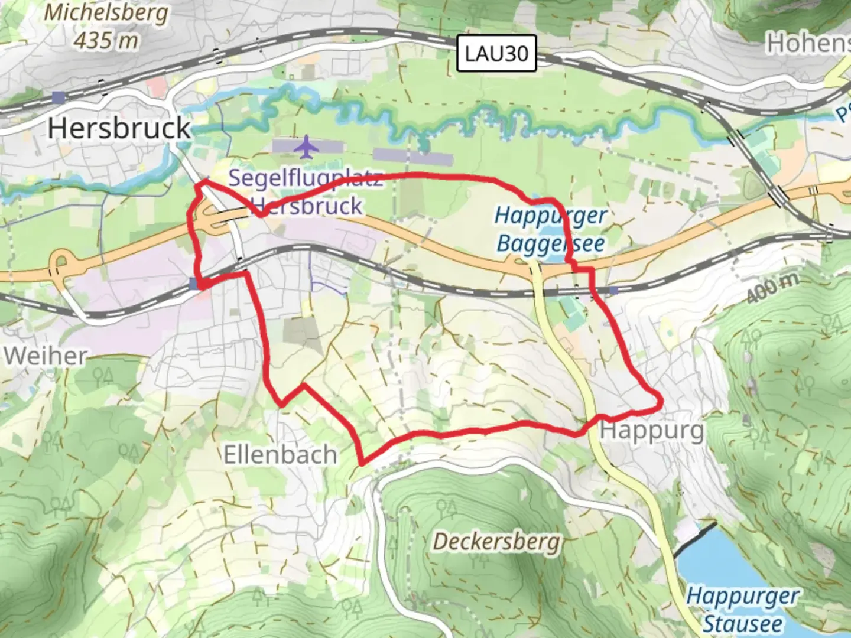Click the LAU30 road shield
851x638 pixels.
[x=496, y=53]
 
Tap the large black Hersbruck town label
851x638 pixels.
[x=119, y=128]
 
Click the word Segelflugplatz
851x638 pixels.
[x=305, y=178]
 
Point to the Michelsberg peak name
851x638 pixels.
[x=106, y=13]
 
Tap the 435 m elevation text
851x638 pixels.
[x=106, y=40]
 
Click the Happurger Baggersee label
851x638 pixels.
[x=550, y=229]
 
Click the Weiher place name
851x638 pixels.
[x=46, y=356]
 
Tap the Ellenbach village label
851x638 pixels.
[x=280, y=455]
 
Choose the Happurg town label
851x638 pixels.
[x=652, y=430]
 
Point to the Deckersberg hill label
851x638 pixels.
[x=496, y=541]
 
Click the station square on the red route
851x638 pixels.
[x=194, y=284]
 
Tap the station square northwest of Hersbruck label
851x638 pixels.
[x=57, y=97]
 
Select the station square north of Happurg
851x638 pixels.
[x=613, y=291]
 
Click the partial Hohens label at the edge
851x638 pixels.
[x=808, y=43]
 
